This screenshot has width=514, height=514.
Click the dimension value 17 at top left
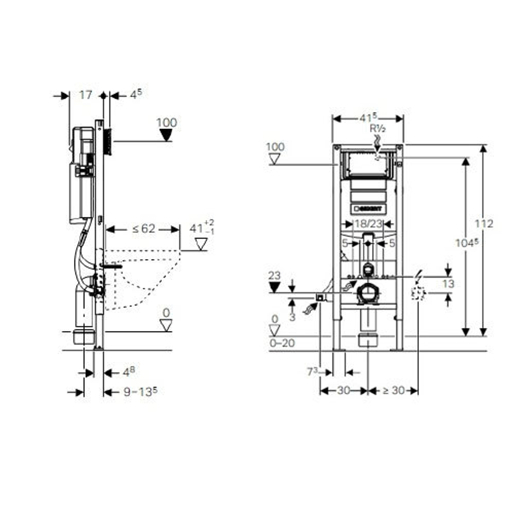tap(86, 95)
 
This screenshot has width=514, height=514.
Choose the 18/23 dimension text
tap(368, 224)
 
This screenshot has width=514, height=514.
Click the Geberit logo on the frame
tap(368, 209)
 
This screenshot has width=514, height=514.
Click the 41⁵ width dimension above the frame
tap(368, 118)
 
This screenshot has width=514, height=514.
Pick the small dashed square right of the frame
tap(418, 293)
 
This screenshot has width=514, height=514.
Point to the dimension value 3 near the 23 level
tap(292, 317)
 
